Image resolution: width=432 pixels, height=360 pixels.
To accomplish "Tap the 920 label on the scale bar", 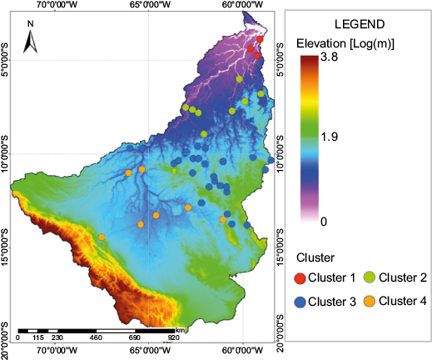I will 174,337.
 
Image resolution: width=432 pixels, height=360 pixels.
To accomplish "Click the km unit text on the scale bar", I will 180,329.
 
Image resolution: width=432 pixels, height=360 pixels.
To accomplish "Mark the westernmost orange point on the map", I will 102,237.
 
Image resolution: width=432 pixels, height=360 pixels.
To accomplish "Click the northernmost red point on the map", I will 260,39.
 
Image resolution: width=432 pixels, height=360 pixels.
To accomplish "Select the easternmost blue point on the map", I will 271,160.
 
